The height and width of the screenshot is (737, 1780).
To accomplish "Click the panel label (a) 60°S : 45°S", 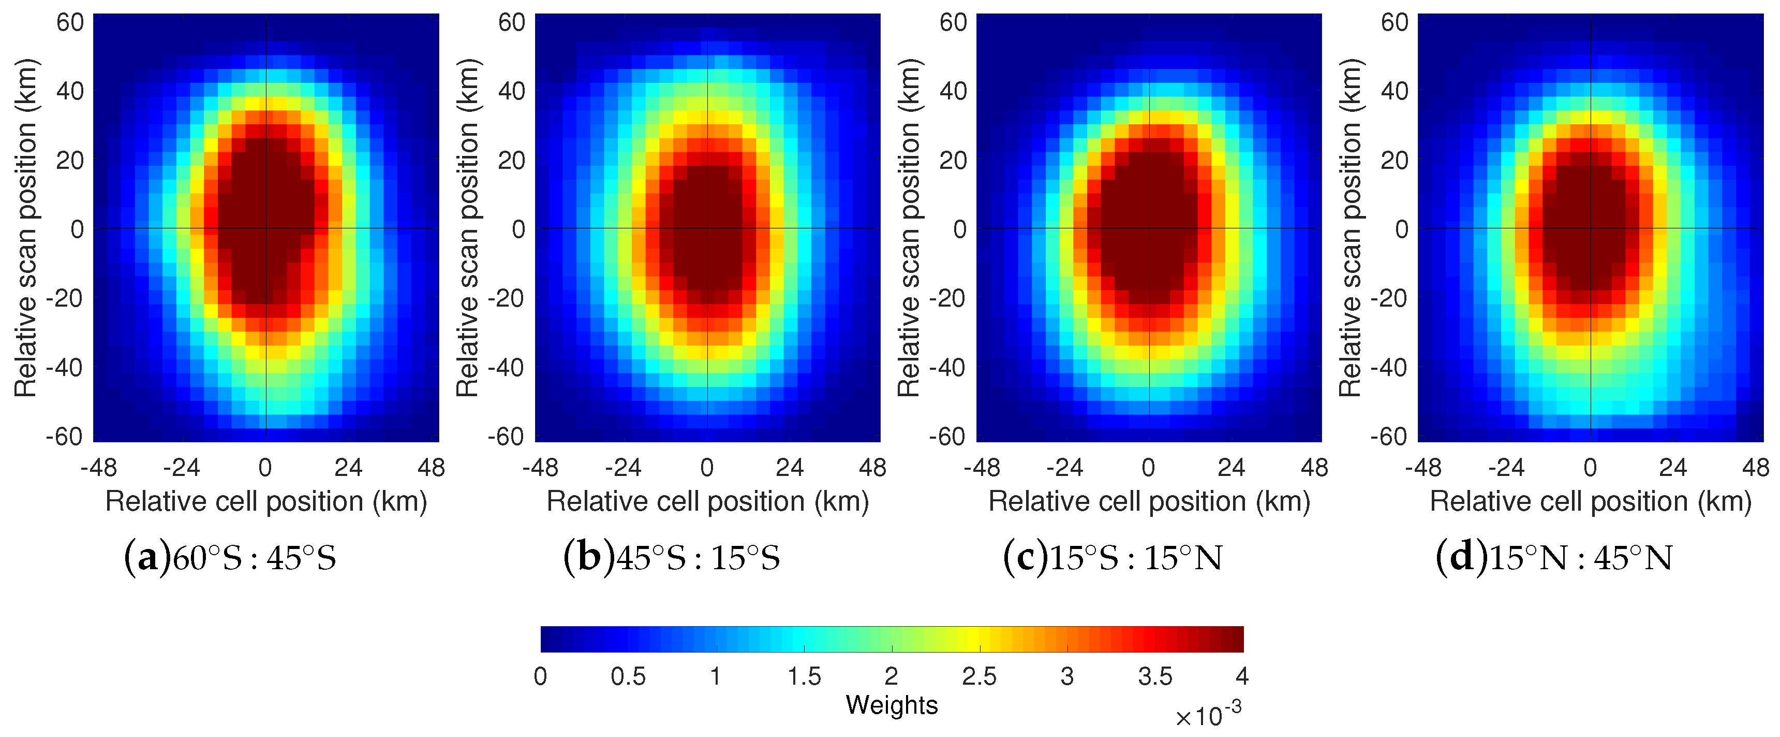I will [x=230, y=557].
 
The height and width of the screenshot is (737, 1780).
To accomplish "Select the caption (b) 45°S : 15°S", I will [x=672, y=557].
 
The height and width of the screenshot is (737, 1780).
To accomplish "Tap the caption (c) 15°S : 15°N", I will [x=1112, y=557].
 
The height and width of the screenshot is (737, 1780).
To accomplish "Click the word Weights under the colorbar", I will [x=892, y=705].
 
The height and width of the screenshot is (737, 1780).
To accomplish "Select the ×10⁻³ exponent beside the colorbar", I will [x=1208, y=715].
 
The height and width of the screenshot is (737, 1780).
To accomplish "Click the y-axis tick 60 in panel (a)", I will [x=70, y=22].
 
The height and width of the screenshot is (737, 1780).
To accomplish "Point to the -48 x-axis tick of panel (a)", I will [x=99, y=468].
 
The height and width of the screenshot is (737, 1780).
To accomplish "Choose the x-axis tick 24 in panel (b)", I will [x=789, y=468].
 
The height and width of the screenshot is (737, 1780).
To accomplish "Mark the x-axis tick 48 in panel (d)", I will [x=1755, y=468].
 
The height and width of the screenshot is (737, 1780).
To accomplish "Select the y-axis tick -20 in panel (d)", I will [x=1388, y=298].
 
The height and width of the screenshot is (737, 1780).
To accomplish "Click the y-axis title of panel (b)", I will [x=468, y=228].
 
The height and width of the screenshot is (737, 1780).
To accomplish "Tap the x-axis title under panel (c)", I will [x=1148, y=501].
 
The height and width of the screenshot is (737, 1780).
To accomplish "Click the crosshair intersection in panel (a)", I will [x=266, y=229].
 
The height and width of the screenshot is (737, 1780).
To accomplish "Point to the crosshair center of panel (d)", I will [x=1591, y=229].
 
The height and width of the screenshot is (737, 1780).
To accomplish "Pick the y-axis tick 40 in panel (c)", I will [x=953, y=91].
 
